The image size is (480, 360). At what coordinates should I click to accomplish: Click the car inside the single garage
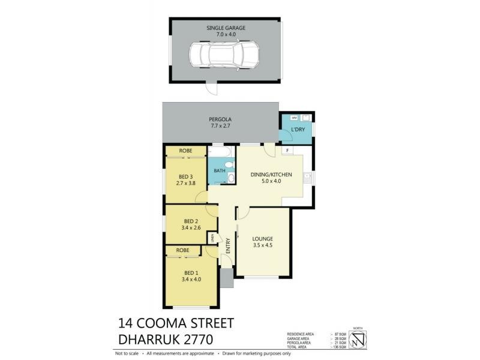[223, 56]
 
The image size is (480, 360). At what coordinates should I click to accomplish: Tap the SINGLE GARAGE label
[226, 28]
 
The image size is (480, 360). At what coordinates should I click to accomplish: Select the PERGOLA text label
[220, 119]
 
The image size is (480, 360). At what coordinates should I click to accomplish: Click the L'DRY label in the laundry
[298, 131]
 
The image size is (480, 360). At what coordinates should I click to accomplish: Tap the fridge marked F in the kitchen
[288, 150]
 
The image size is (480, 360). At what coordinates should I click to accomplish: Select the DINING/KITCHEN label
[271, 174]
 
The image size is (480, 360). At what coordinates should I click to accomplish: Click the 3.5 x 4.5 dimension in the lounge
[262, 244]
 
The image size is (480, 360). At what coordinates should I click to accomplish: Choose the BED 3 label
[185, 176]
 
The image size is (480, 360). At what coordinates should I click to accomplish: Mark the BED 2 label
[191, 221]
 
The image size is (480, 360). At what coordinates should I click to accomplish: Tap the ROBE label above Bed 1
[183, 250]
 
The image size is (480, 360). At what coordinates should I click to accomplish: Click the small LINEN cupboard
[212, 239]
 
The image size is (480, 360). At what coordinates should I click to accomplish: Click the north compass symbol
[359, 340]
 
